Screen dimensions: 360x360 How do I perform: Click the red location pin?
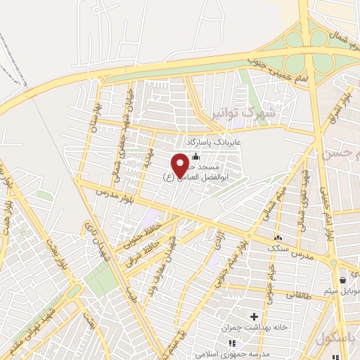(x=180, y=165)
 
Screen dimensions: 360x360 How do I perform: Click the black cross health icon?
(x=254, y=317)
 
